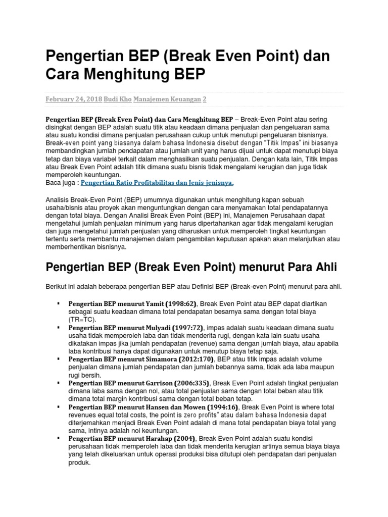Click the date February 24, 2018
(73, 100)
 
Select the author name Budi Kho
(118, 100)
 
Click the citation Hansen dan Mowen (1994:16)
(192, 407)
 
